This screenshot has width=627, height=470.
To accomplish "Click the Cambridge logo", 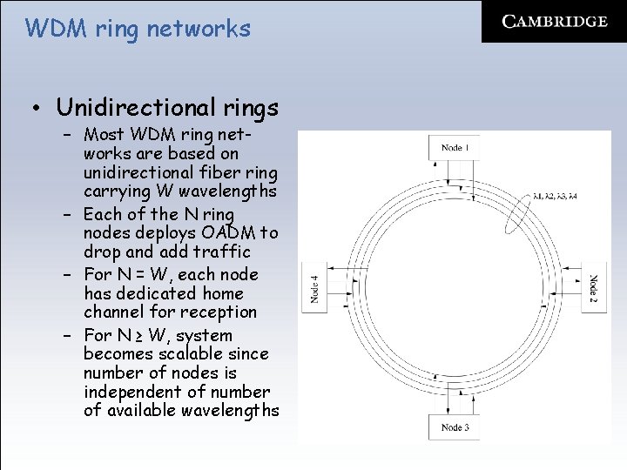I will point(555,22).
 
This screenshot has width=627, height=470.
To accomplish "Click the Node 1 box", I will point(455,148).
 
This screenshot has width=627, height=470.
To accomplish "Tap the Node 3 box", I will point(455,426).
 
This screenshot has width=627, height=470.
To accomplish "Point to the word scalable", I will point(187,354).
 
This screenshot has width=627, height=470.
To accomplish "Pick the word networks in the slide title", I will point(199,29).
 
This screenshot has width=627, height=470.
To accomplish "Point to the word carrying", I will point(118,191).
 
